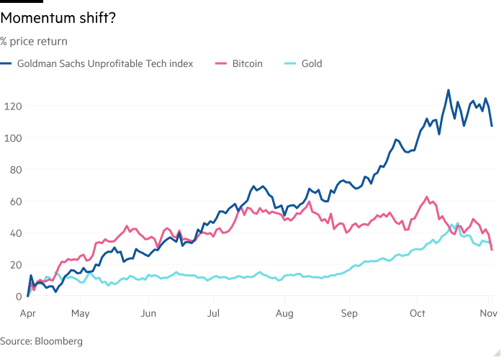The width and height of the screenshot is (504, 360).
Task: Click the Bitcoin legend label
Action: pyautogui.click(x=247, y=63)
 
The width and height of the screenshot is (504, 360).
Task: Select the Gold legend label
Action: pyautogui.click(x=311, y=63)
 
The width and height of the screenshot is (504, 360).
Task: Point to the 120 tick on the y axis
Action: pyautogui.click(x=9, y=106)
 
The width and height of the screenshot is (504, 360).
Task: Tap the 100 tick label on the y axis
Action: pyautogui.click(x=9, y=138)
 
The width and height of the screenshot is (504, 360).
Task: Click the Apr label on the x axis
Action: pyautogui.click(x=27, y=313)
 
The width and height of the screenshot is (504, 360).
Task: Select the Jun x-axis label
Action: pyautogui.click(x=148, y=313)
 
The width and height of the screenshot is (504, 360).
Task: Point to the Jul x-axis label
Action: pyautogui.click(x=214, y=313)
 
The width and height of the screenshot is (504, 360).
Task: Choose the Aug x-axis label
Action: pyautogui.click(x=284, y=313)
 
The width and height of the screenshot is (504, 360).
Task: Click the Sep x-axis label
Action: pyautogui.click(x=349, y=313)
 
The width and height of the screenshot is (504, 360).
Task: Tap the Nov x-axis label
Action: pyautogui.click(x=487, y=313)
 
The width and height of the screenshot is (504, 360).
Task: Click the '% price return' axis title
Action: pyautogui.click(x=34, y=42)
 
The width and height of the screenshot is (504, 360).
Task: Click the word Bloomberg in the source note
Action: pyautogui.click(x=58, y=341)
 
